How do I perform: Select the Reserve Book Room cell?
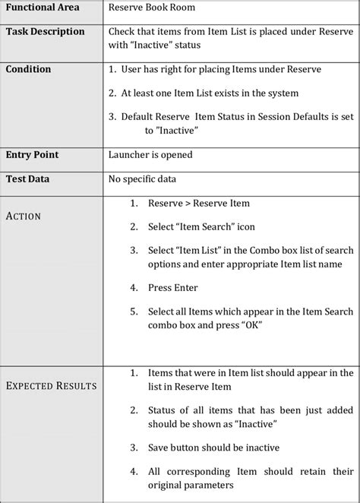[152, 7]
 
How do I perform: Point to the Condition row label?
[28, 69]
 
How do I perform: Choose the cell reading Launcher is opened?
[150, 155]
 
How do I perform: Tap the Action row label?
[23, 216]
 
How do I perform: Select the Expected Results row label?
[51, 386]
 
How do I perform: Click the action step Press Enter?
[172, 288]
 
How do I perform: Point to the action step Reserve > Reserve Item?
[198, 204]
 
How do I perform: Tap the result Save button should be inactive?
[214, 448]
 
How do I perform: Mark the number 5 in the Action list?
[133, 312]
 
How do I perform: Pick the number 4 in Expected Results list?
[133, 471]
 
